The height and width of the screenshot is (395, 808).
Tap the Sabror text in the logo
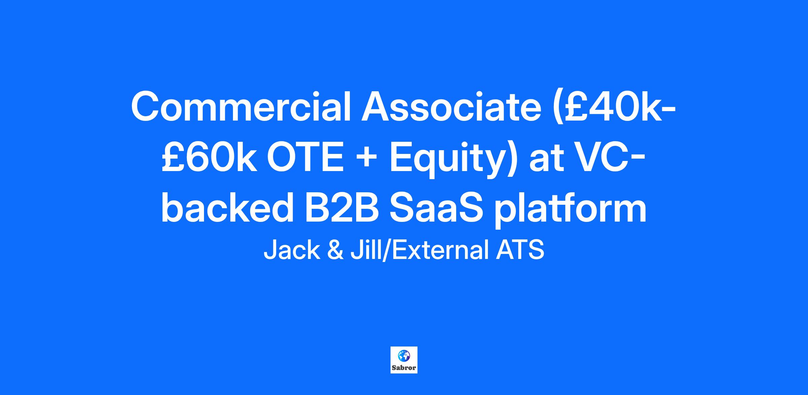tap(404, 367)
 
